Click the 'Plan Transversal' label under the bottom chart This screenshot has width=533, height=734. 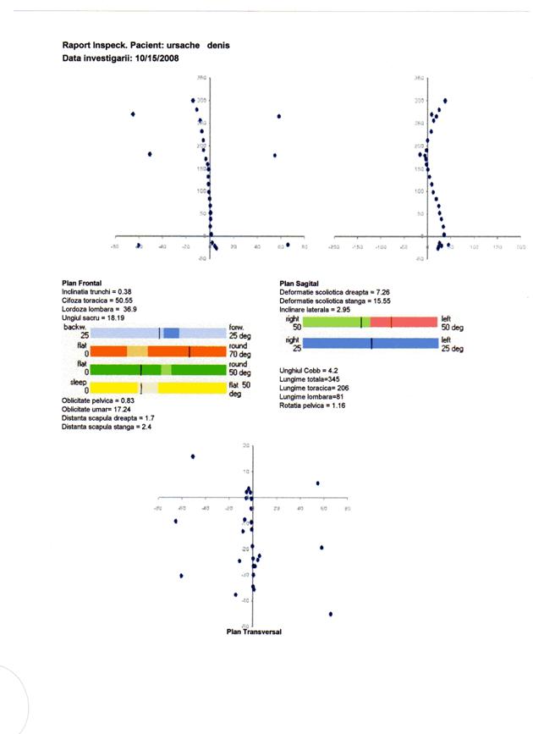click(x=254, y=632)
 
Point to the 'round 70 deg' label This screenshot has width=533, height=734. click(x=240, y=350)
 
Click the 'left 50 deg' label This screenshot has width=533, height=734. click(x=452, y=323)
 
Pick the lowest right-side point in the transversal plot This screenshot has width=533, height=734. click(x=330, y=614)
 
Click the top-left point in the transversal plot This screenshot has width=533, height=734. click(x=193, y=456)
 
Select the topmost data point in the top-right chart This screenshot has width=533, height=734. click(x=445, y=100)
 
